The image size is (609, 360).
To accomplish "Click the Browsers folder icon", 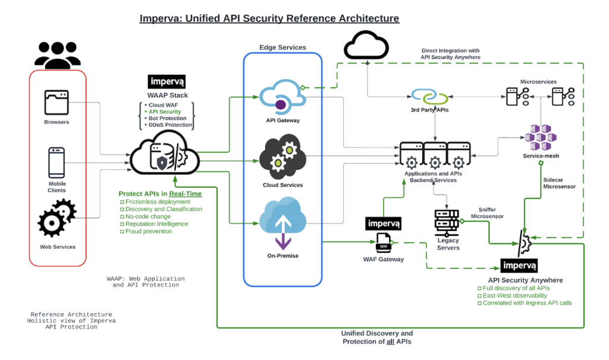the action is (x=56, y=102).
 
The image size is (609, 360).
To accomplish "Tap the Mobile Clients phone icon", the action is (x=56, y=162).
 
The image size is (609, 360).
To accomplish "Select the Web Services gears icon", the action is (x=57, y=218).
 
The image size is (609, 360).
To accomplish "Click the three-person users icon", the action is (x=58, y=55).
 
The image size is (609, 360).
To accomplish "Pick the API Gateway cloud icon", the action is (x=282, y=97).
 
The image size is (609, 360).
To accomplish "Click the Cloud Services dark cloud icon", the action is (x=282, y=156).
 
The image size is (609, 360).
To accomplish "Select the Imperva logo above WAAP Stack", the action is (x=167, y=82).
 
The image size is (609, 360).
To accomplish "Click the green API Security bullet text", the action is (x=165, y=112).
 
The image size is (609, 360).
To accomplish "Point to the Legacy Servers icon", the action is (x=447, y=223).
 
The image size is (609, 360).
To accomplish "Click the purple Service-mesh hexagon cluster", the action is (x=541, y=137).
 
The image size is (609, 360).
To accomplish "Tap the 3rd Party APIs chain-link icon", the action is (x=429, y=96).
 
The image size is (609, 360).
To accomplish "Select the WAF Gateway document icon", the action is (x=384, y=243).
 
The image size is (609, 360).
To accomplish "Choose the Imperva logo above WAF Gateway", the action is (x=384, y=224).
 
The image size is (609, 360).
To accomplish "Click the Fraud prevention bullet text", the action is (x=148, y=231).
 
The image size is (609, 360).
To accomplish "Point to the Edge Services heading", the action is (x=282, y=48).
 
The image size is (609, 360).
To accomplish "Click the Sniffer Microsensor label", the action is (x=487, y=213).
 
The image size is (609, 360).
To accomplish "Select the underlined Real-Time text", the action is (x=186, y=193).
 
